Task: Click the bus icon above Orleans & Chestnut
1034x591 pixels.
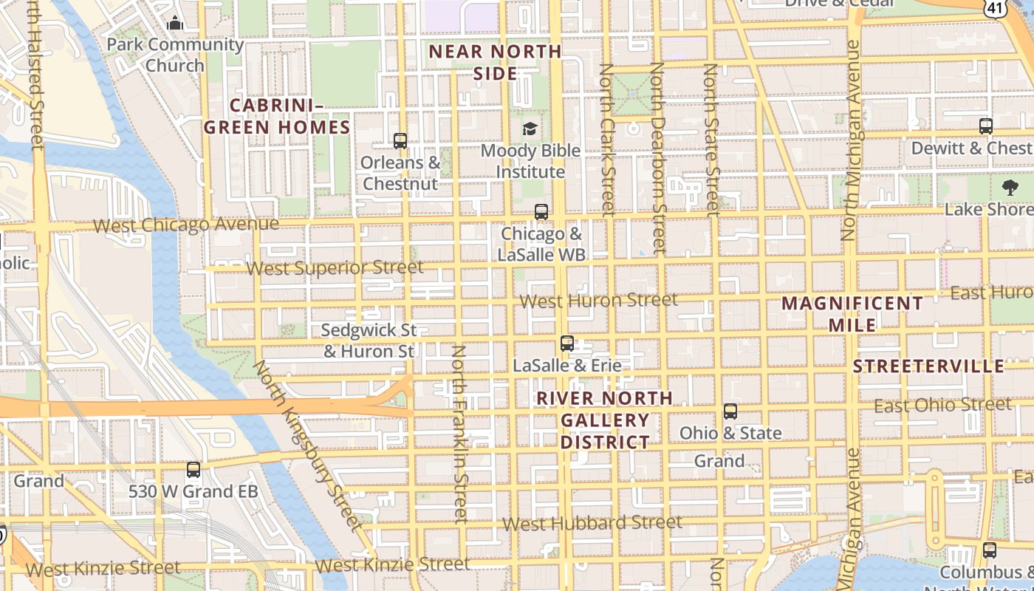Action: pos(400,140)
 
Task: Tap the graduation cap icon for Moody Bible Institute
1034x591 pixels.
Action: pos(530,129)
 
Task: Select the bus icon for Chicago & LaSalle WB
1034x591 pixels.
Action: pos(541,212)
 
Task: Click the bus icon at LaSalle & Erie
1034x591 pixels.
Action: pos(567,343)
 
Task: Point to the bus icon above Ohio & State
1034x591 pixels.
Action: pos(730,411)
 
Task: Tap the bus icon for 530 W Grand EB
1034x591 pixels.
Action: pos(194,470)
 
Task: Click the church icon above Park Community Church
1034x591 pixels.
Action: pos(175,23)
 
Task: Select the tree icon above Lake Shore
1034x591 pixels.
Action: pos(1010,187)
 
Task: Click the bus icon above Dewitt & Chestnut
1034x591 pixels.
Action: pos(986,126)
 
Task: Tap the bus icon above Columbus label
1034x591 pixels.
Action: pos(990,550)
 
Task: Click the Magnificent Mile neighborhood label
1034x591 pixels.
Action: pos(852,314)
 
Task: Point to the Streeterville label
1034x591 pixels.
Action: pos(928,366)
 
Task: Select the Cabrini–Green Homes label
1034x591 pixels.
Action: pos(277,116)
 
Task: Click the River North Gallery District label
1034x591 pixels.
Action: pos(605,420)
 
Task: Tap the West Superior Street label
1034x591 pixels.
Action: pos(335,267)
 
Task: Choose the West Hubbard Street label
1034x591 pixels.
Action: pos(592,523)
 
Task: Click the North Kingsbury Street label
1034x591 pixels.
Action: pos(309,445)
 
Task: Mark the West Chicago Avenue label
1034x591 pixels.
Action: pos(186,225)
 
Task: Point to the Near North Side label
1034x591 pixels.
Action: pos(496,62)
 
